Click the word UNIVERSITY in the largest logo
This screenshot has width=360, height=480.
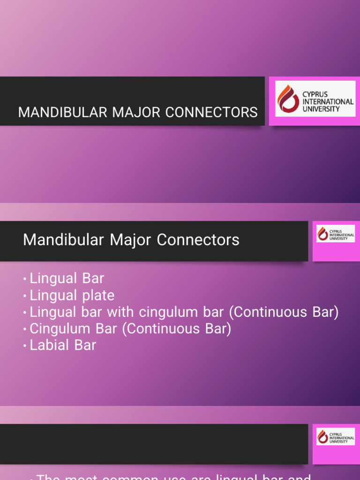click(x=322, y=109)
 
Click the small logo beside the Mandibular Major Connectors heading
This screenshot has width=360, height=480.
click(x=335, y=233)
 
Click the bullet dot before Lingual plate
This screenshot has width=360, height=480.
click(x=25, y=296)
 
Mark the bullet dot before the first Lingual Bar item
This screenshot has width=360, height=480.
click(x=25, y=279)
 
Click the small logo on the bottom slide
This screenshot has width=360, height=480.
click(x=335, y=436)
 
